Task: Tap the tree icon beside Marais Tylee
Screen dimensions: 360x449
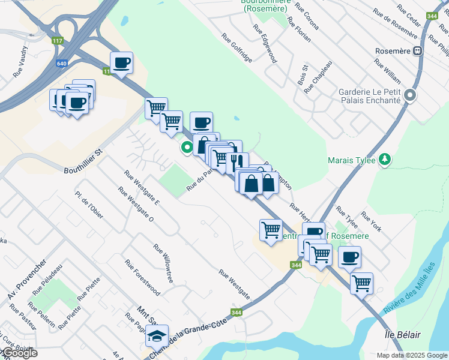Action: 384,160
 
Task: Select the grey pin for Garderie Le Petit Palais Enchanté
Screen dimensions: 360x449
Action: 410,95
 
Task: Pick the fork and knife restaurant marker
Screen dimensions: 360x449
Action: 237,161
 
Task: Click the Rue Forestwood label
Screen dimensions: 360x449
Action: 142,277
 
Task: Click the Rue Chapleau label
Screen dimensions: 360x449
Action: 318,77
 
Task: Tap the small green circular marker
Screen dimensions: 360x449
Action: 187,146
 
